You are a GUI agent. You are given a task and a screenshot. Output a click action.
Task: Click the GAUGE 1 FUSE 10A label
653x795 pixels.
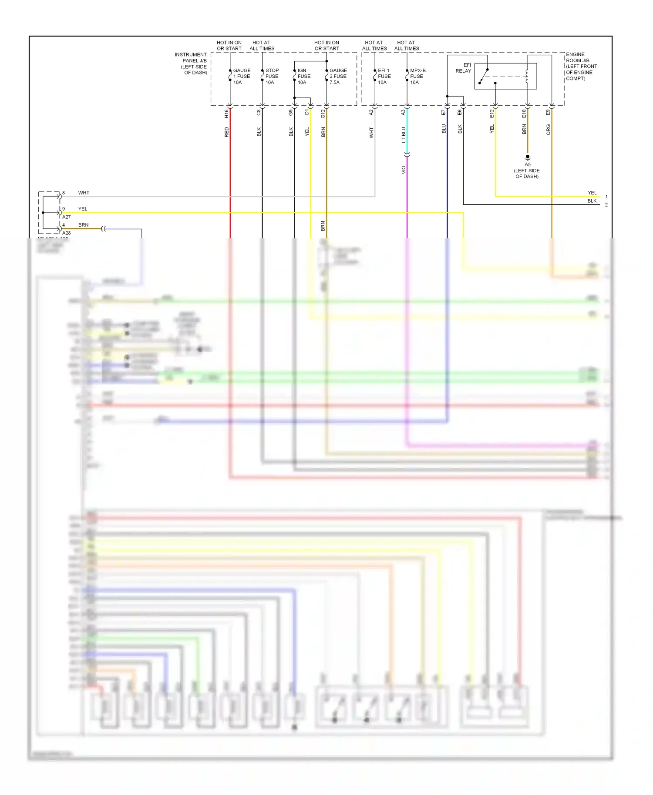242,77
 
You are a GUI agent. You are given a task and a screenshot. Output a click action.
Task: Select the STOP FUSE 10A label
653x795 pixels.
272,77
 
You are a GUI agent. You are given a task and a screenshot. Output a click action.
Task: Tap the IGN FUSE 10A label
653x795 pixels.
304,77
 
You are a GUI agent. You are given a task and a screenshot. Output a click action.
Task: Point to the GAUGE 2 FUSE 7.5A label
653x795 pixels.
338,77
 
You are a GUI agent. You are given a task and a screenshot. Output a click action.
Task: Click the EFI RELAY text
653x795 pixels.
464,68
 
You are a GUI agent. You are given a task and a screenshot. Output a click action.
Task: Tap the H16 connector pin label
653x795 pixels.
226,114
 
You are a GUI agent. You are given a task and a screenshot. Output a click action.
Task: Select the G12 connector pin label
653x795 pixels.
323,114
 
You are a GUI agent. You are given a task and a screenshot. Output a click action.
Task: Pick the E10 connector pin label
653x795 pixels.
524,114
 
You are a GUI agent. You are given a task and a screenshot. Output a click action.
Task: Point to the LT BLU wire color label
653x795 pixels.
404,135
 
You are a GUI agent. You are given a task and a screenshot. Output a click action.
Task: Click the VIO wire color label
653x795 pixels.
404,170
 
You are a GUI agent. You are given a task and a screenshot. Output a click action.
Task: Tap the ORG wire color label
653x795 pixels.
548,130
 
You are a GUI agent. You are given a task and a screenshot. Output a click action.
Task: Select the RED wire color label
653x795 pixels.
226,132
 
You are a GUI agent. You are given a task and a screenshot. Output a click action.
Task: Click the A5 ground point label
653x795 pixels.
528,165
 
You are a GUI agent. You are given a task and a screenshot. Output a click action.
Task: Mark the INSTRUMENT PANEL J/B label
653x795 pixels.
191,63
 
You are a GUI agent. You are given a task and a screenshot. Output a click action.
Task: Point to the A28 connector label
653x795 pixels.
66,233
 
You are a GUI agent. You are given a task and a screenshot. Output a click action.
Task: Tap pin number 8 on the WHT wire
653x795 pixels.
64,193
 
